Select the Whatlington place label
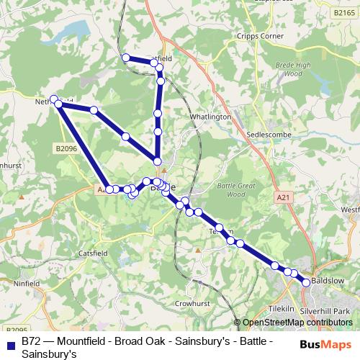(211, 116)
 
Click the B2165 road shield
(345, 12)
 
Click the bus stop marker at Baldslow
(306, 283)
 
